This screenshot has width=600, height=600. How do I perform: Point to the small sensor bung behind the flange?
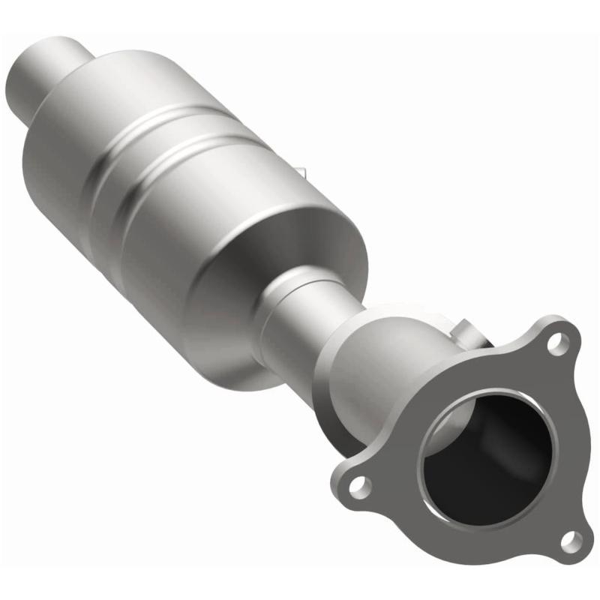466,331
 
